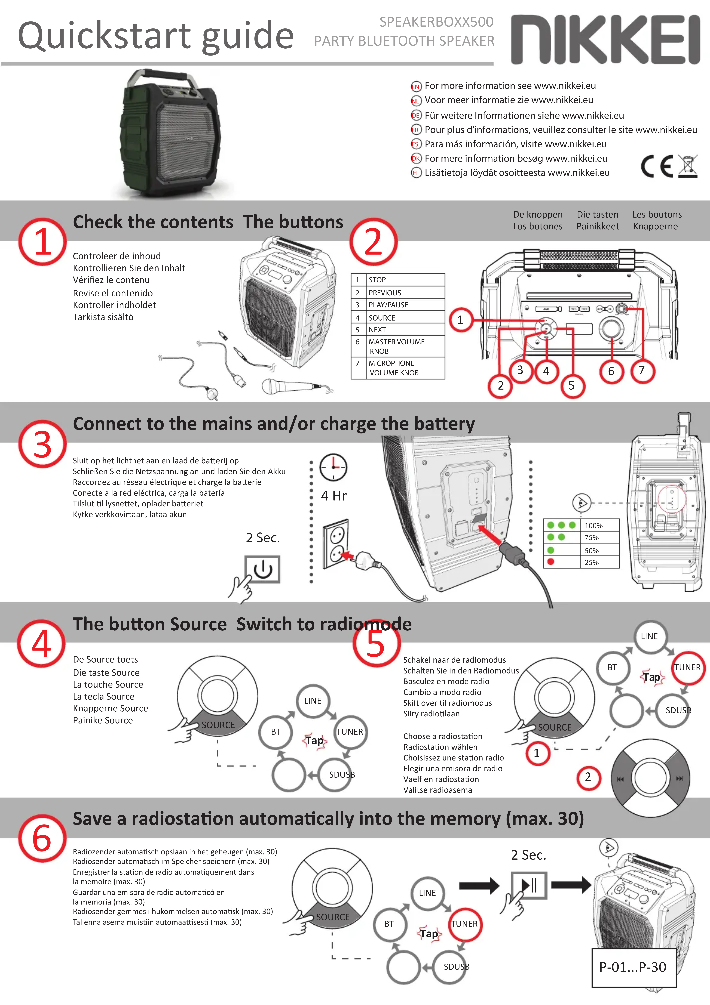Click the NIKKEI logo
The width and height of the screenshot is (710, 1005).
pos(606,39)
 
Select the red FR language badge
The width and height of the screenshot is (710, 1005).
pos(415,130)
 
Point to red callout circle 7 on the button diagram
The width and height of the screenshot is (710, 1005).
pos(642,370)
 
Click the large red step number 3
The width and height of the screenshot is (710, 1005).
pos(42,444)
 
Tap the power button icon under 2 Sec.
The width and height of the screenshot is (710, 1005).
pos(263,569)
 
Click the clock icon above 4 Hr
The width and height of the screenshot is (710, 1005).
pos(334,467)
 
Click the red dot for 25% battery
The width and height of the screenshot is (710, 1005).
pos(551,562)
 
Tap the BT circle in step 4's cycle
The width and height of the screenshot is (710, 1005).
pos(276,732)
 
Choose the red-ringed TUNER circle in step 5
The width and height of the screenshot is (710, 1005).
pos(687,668)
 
